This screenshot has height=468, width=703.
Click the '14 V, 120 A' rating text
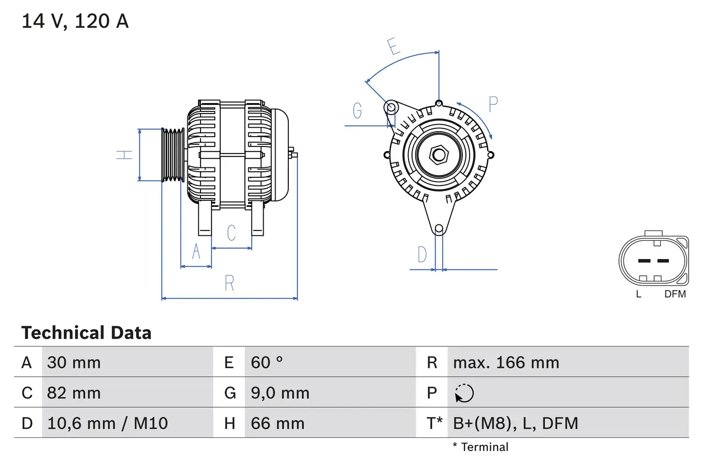pos(75,21)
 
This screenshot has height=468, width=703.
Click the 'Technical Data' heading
pos(86,332)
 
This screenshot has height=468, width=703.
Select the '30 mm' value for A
pos(74,362)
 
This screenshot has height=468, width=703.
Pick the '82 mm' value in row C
pos(74,393)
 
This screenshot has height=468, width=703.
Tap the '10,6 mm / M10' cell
pos(108,423)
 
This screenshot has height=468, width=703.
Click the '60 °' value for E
pos(267,362)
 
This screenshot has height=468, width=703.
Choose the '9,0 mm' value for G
pos(280,393)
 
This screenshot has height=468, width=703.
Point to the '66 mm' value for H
pos(277,423)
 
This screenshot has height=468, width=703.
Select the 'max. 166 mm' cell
pos(506,362)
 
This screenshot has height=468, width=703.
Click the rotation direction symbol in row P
pos(464,393)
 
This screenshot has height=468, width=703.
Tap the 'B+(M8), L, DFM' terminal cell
pos(515,423)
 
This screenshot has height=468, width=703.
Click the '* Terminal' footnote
pos(481,447)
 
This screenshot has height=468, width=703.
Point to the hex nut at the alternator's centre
pos(438,155)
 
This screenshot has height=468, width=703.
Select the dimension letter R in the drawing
pos(230,283)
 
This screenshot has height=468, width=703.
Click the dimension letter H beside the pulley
pos(125,155)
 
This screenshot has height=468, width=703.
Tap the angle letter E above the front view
pos(393,47)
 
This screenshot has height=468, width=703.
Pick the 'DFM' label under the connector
pos(675,294)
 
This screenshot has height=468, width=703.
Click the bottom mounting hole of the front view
pos(439,229)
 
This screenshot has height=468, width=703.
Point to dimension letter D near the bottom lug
pos(422,255)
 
